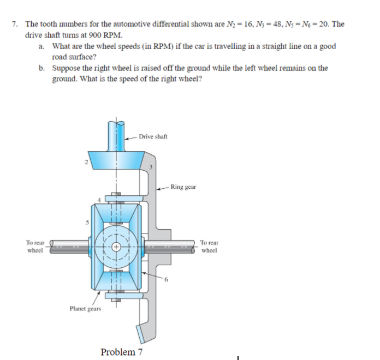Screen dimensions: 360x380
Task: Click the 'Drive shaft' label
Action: [153, 136]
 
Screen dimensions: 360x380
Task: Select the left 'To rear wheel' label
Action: [35, 247]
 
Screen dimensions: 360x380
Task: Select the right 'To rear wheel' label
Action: [209, 247]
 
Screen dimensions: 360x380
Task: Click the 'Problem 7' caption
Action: [122, 352]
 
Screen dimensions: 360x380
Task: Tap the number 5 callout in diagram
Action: [85, 221]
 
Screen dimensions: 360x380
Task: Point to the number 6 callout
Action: [169, 281]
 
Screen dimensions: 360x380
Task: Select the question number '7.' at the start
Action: [15, 25]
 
